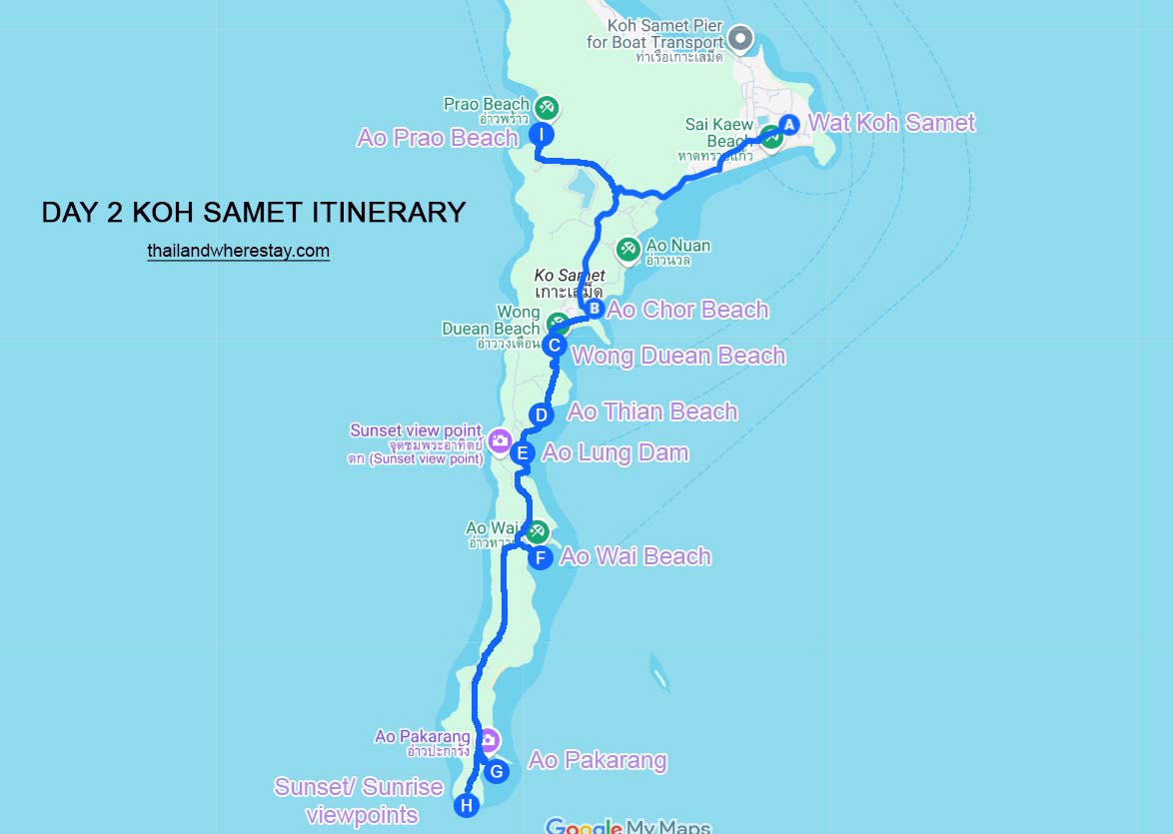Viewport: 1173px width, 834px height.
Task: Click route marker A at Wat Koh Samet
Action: [x=788, y=125]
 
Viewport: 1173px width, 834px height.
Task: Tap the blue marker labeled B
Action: [x=594, y=309]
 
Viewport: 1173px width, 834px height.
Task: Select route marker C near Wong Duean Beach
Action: [x=555, y=346]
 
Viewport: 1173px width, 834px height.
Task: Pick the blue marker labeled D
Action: [x=540, y=415]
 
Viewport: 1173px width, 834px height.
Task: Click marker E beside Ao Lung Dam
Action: [x=522, y=453]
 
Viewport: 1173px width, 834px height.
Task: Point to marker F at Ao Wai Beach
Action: [x=540, y=557]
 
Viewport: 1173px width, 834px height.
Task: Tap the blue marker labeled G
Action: [x=496, y=771]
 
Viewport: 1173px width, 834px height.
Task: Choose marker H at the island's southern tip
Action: [x=466, y=805]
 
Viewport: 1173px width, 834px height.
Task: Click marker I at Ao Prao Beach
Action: [x=541, y=135]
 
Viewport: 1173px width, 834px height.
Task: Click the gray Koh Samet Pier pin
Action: [x=739, y=40]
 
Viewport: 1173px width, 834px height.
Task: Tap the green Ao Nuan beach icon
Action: [x=627, y=249]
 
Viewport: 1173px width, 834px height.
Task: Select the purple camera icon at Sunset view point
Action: [x=500, y=439]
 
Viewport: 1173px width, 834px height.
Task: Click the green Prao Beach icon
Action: [x=547, y=107]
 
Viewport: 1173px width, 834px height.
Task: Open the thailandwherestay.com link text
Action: [x=238, y=252]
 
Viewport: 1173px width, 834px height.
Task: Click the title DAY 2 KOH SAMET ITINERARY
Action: [x=254, y=212]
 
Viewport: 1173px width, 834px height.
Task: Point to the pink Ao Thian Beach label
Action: [x=652, y=412]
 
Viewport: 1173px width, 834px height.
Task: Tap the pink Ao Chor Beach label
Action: [x=687, y=310]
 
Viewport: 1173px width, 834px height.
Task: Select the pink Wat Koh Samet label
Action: [x=891, y=123]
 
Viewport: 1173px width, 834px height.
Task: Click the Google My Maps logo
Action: [x=627, y=826]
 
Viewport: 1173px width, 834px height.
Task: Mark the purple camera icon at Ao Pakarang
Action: [x=489, y=741]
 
